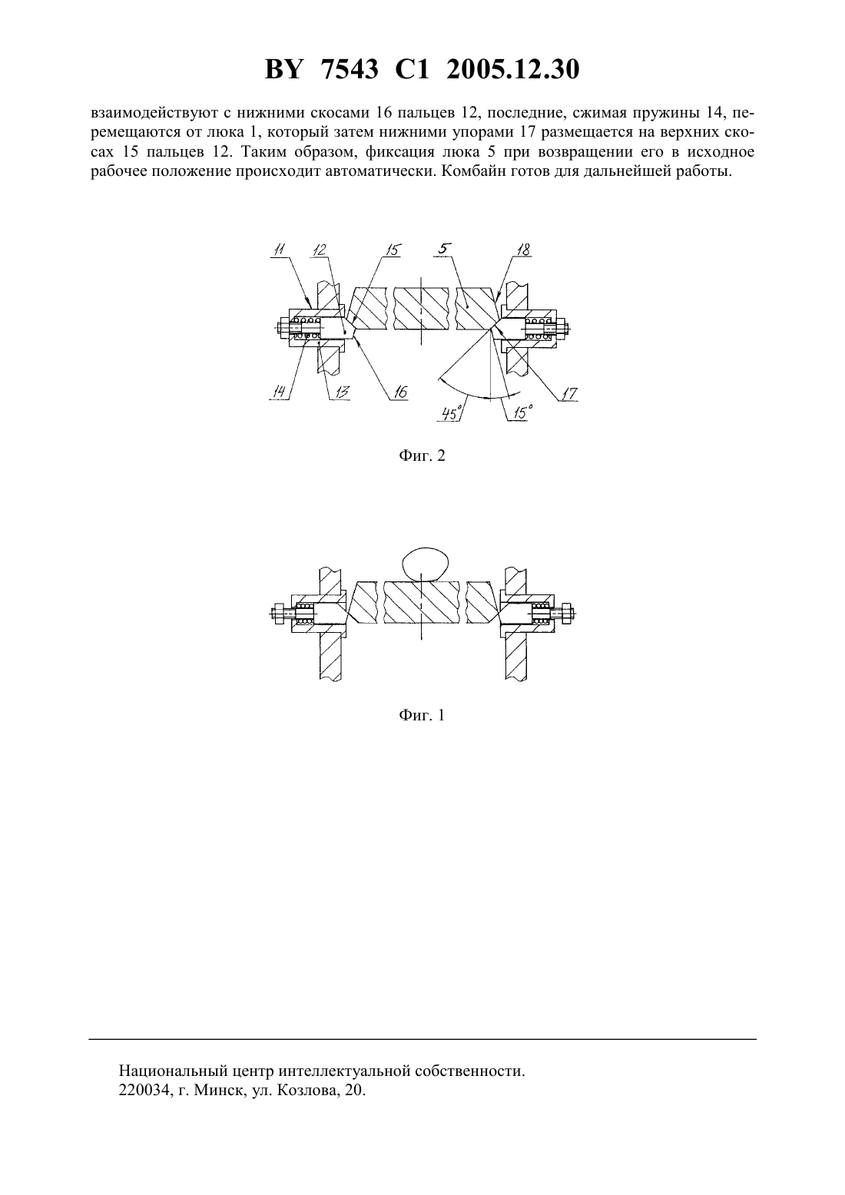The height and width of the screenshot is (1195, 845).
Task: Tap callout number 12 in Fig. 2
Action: point(320,250)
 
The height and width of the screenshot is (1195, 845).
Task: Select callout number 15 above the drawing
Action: point(393,250)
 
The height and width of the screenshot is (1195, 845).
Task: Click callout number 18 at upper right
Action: point(523,250)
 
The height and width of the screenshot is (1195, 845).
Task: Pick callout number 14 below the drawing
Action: point(280,392)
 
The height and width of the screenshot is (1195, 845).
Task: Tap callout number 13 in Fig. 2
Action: point(341,392)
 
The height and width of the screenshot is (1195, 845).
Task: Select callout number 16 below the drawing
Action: point(399,392)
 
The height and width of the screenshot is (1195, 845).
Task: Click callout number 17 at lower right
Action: point(569,393)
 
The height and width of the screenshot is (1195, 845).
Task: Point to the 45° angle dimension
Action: point(452,413)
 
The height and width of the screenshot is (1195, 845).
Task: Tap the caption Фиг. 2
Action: point(422,455)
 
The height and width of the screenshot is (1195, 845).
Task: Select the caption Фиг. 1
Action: point(422,715)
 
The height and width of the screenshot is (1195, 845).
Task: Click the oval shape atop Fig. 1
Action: point(425,564)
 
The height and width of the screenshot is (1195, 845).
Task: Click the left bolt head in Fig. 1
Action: point(280,614)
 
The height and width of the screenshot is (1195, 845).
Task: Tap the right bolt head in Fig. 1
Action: point(567,614)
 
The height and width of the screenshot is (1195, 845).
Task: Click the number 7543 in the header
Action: point(350,70)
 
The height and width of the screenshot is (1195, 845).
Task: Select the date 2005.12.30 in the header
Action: point(512,70)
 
